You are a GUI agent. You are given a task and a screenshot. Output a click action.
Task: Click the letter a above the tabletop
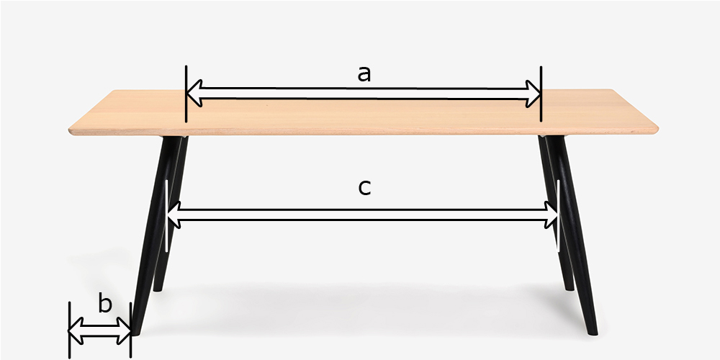click(364, 74)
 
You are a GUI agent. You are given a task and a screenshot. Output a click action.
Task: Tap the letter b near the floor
click(105, 304)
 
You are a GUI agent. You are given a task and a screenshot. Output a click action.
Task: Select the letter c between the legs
click(364, 188)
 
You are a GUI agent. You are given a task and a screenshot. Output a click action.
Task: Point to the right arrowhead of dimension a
click(533, 94)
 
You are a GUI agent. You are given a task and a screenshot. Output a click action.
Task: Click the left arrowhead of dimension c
click(174, 215)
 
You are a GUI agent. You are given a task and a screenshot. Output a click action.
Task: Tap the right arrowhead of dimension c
click(551, 215)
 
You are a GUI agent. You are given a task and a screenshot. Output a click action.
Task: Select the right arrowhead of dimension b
click(123, 330)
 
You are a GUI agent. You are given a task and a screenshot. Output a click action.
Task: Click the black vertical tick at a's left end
click(186, 94)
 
